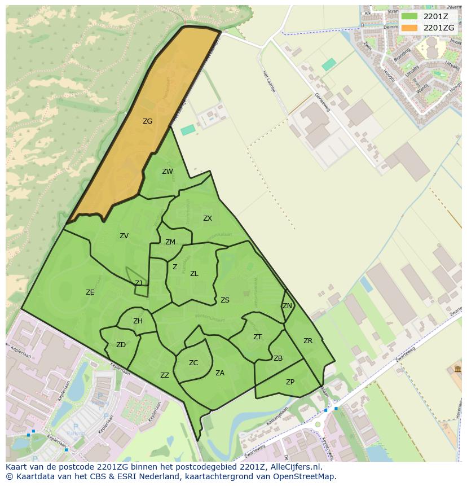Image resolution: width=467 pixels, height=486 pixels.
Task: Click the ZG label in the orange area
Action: [x=147, y=121]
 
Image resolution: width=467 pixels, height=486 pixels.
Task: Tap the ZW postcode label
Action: [x=168, y=172]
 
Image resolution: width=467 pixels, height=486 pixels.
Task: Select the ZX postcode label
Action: [x=208, y=218]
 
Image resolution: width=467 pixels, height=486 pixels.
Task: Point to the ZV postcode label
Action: [x=124, y=236]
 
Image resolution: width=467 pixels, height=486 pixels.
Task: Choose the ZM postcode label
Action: [x=170, y=242]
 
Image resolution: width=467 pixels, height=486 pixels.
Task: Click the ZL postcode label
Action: [x=194, y=274]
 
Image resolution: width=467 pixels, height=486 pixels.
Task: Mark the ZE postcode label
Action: [x=90, y=292]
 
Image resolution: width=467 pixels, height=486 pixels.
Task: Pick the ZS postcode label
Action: [x=225, y=300]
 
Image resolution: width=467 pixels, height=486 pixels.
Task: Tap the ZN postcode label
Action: [x=287, y=306]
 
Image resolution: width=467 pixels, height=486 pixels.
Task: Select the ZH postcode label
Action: [x=138, y=321]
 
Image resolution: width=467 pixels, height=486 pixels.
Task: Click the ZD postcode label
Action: [x=121, y=345]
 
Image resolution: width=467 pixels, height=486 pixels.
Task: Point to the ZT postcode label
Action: [x=257, y=337]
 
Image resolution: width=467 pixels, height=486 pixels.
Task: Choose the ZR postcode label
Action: [x=308, y=341]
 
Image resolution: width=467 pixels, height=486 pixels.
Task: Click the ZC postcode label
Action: [x=193, y=363]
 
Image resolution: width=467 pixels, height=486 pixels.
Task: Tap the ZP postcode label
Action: [x=290, y=382]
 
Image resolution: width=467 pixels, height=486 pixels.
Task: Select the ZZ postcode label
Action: [x=165, y=375]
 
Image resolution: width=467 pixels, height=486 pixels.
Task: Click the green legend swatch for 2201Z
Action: [x=410, y=16]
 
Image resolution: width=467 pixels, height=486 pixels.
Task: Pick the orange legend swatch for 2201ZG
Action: [x=410, y=28]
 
